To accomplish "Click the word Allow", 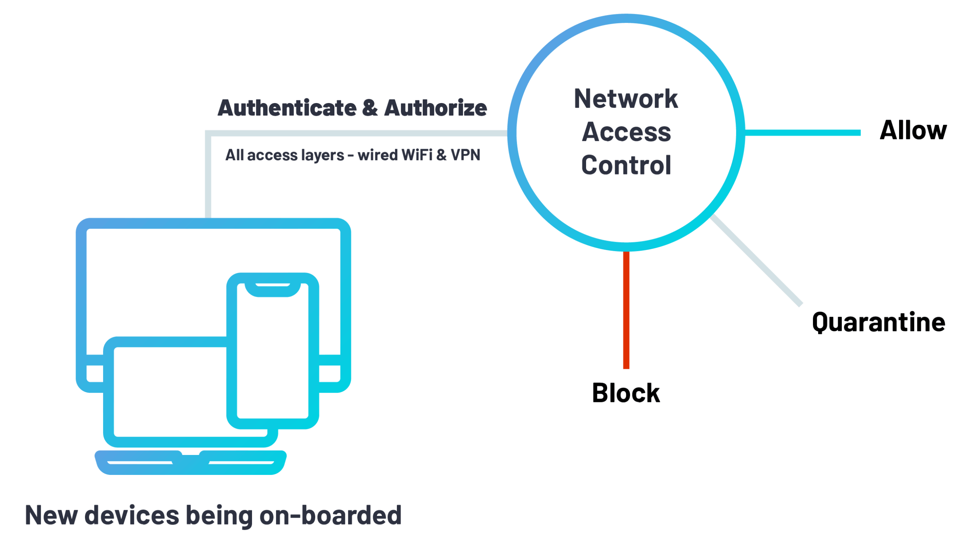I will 913,131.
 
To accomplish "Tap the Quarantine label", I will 878,323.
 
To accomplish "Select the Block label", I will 626,393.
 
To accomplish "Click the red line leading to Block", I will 626,309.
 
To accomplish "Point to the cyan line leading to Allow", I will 802,133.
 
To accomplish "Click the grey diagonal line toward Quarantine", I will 756,260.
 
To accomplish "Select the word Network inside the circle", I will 626,99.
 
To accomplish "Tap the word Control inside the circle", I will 626,165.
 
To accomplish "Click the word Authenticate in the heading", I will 287,108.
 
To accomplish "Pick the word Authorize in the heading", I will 436,108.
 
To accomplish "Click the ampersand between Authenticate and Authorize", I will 370,108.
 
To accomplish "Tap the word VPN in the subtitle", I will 465,155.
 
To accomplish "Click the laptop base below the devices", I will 190,463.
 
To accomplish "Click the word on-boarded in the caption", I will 331,516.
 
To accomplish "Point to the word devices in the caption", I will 131,516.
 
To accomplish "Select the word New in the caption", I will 51,516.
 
